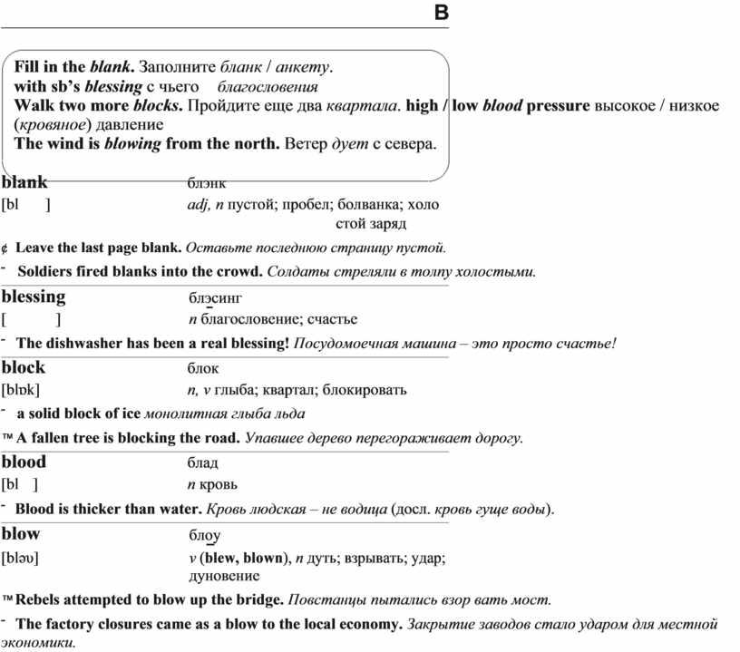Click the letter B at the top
point(441,13)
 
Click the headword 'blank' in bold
point(24,182)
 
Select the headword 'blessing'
point(34,297)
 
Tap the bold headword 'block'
point(24,367)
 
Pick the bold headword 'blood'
point(24,462)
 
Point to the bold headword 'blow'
point(21,532)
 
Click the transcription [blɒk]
point(21,391)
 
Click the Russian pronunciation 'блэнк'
point(208,183)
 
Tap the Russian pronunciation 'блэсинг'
point(216,297)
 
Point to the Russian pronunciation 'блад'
point(204,462)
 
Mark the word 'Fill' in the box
point(27,67)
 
